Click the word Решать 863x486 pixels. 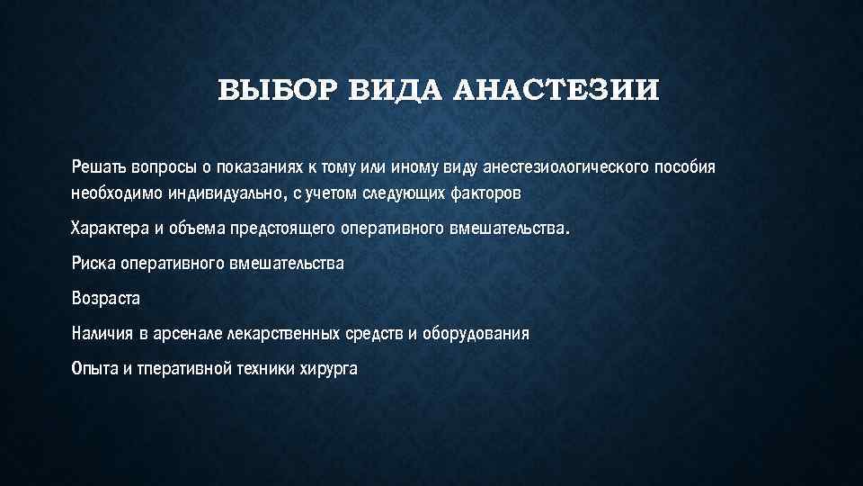pyautogui.click(x=99, y=168)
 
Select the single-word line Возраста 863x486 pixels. pyautogui.click(x=106, y=298)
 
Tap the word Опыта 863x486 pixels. pyautogui.click(x=93, y=368)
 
